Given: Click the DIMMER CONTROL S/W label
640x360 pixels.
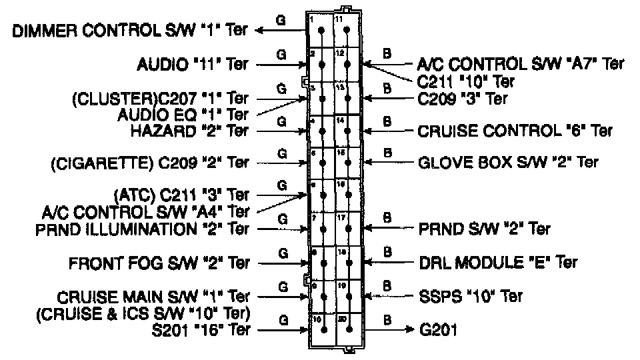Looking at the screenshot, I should tap(131, 31).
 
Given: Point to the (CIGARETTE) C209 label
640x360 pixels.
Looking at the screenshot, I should tap(149, 162).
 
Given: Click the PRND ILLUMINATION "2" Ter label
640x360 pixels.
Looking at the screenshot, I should tap(143, 229).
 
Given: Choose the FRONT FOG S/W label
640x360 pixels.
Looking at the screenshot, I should tap(159, 263).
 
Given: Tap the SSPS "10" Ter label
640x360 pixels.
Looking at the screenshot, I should tap(470, 295).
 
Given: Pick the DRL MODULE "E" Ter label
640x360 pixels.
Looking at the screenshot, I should tap(497, 263).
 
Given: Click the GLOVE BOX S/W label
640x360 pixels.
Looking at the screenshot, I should tap(508, 162).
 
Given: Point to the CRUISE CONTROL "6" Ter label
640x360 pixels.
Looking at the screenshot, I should tap(515, 131).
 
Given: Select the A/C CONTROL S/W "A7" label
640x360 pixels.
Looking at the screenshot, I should tap(521, 64).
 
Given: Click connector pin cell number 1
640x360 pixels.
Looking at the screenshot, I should tap(321, 31).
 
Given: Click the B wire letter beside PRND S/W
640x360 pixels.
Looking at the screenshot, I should tap(387, 218).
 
